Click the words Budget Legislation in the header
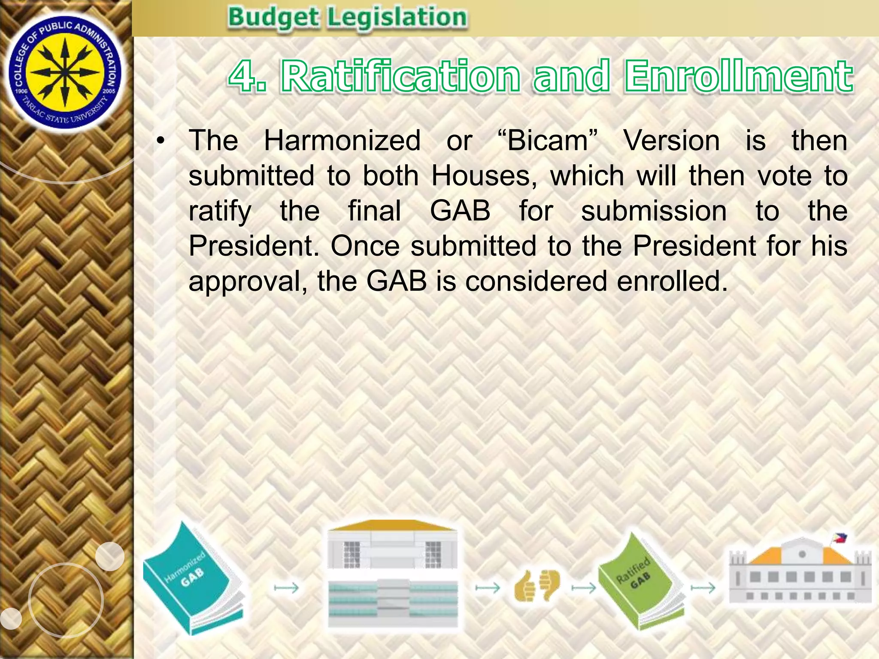(347, 18)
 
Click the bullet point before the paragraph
(161, 141)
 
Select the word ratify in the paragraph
(220, 212)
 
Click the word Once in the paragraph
(365, 246)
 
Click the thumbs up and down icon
(536, 586)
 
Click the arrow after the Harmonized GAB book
(286, 588)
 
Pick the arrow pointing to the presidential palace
(703, 588)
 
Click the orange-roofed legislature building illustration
(393, 575)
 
